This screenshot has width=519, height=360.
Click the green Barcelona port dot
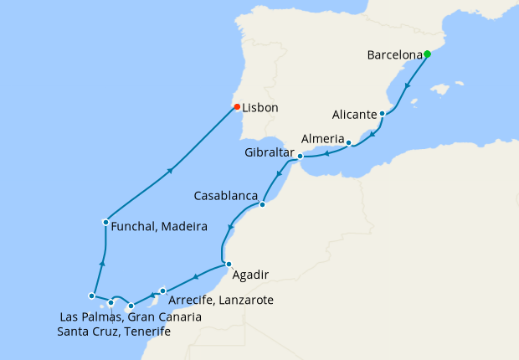tap(427, 54)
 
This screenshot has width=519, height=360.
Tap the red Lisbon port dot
tap(237, 106)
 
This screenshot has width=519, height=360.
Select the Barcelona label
tap(394, 56)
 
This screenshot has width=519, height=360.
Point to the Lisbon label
tap(260, 108)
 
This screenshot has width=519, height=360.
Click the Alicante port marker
tap(382, 114)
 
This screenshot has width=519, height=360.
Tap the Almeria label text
tap(323, 138)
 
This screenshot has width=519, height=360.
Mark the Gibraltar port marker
tap(300, 156)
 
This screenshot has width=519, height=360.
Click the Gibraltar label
tap(270, 153)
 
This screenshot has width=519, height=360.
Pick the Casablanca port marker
tap(262, 204)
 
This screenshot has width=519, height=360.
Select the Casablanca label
tap(225, 196)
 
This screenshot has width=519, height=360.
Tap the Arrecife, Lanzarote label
tap(221, 300)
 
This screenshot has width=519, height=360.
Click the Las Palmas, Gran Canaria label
tap(131, 317)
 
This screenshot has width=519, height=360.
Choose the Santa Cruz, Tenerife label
tap(114, 332)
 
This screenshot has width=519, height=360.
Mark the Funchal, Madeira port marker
tap(105, 222)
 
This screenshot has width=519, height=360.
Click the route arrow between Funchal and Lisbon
tap(170, 170)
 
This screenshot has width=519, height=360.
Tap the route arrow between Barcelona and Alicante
tap(408, 85)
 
